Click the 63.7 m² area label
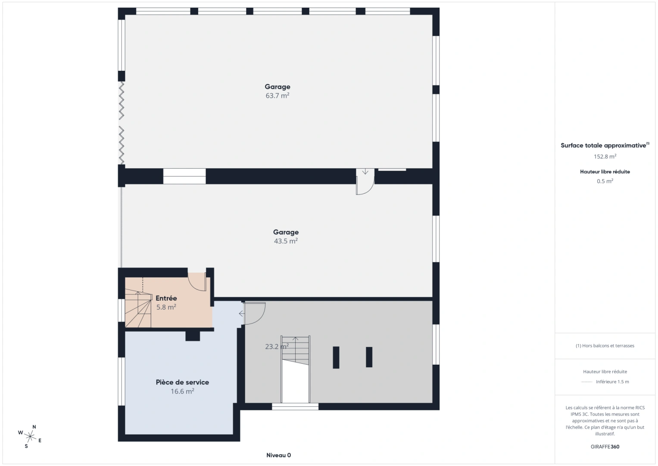(278, 96)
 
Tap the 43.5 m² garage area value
(286, 241)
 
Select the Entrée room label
(166, 298)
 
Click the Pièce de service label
(182, 382)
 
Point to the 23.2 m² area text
(277, 346)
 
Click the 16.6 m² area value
(182, 391)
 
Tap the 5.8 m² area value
(166, 307)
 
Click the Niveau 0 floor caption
(278, 455)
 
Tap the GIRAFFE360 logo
(605, 447)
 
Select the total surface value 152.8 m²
(605, 156)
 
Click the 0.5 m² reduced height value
(605, 181)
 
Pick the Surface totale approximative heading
(605, 145)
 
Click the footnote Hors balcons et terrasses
(605, 346)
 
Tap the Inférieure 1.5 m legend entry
(612, 381)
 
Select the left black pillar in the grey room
(336, 357)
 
